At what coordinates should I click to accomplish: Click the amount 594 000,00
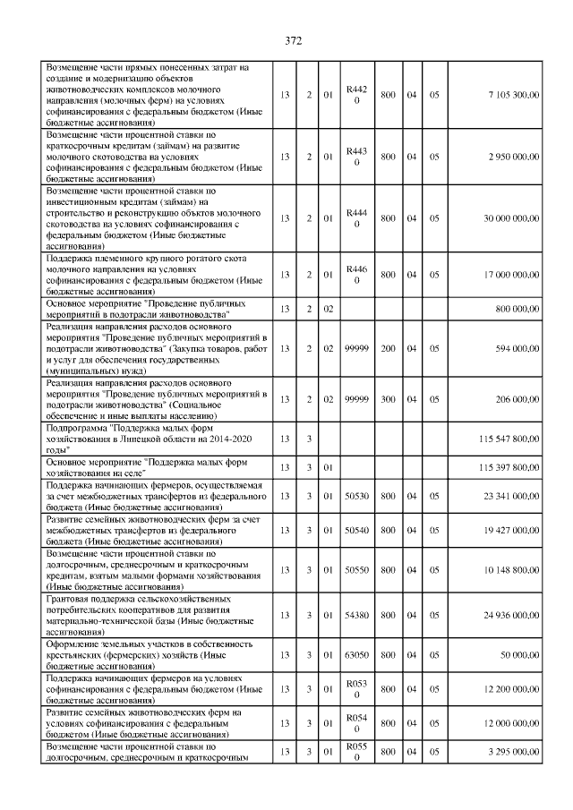click(x=517, y=349)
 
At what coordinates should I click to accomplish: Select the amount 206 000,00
click(x=517, y=399)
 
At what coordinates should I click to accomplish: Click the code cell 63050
click(x=356, y=655)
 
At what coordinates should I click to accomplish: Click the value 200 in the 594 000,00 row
click(x=389, y=349)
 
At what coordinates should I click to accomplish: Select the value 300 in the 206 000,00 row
click(x=389, y=399)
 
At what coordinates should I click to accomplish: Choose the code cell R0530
click(x=356, y=689)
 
